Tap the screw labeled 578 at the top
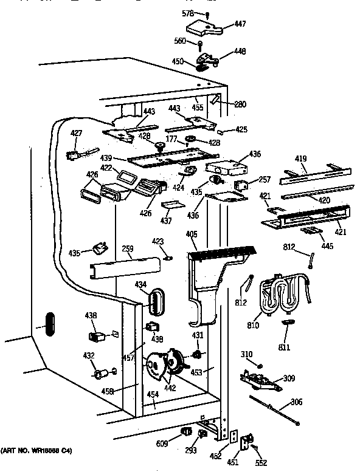208,15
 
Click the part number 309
289,378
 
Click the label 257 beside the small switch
264,180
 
